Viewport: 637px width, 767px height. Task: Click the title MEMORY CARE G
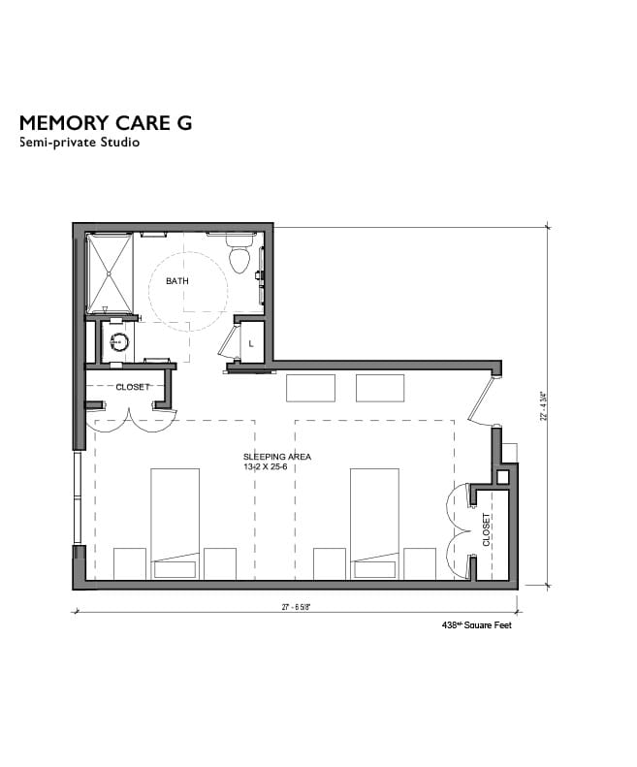click(x=106, y=122)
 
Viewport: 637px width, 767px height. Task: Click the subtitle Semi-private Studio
click(x=80, y=143)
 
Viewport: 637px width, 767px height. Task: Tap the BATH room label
click(x=176, y=281)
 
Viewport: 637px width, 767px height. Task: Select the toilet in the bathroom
click(x=239, y=256)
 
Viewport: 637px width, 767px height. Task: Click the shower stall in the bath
click(x=110, y=272)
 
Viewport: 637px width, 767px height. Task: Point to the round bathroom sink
click(x=118, y=341)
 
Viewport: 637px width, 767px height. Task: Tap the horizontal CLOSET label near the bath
click(x=132, y=387)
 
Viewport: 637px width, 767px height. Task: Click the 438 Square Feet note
click(x=476, y=626)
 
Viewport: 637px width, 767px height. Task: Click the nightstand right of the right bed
click(x=420, y=563)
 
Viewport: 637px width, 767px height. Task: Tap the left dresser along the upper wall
click(x=310, y=388)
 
